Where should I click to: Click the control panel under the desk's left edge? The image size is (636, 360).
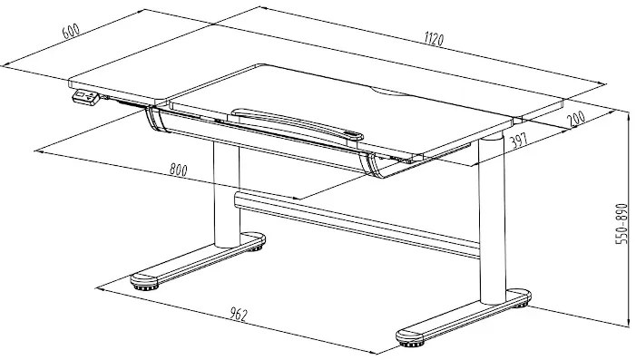(83, 95)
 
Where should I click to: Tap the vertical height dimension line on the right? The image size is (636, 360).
(629, 218)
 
